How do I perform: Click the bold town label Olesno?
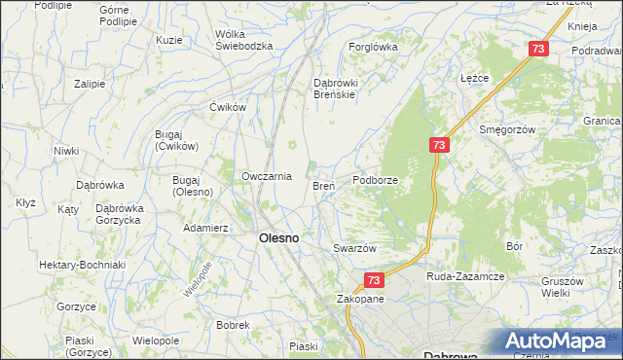(277, 237)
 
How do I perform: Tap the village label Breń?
(324, 185)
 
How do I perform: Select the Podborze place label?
(375, 180)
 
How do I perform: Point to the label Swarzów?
(354, 248)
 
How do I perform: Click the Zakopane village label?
(360, 299)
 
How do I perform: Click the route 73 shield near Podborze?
(440, 145)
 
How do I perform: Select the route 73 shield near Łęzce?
(538, 48)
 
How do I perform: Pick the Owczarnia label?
(267, 176)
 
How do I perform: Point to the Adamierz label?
(205, 228)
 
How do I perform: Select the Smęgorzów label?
(508, 128)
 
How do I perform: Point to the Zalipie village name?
(90, 84)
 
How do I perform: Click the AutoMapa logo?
(562, 341)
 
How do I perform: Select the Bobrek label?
(234, 325)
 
